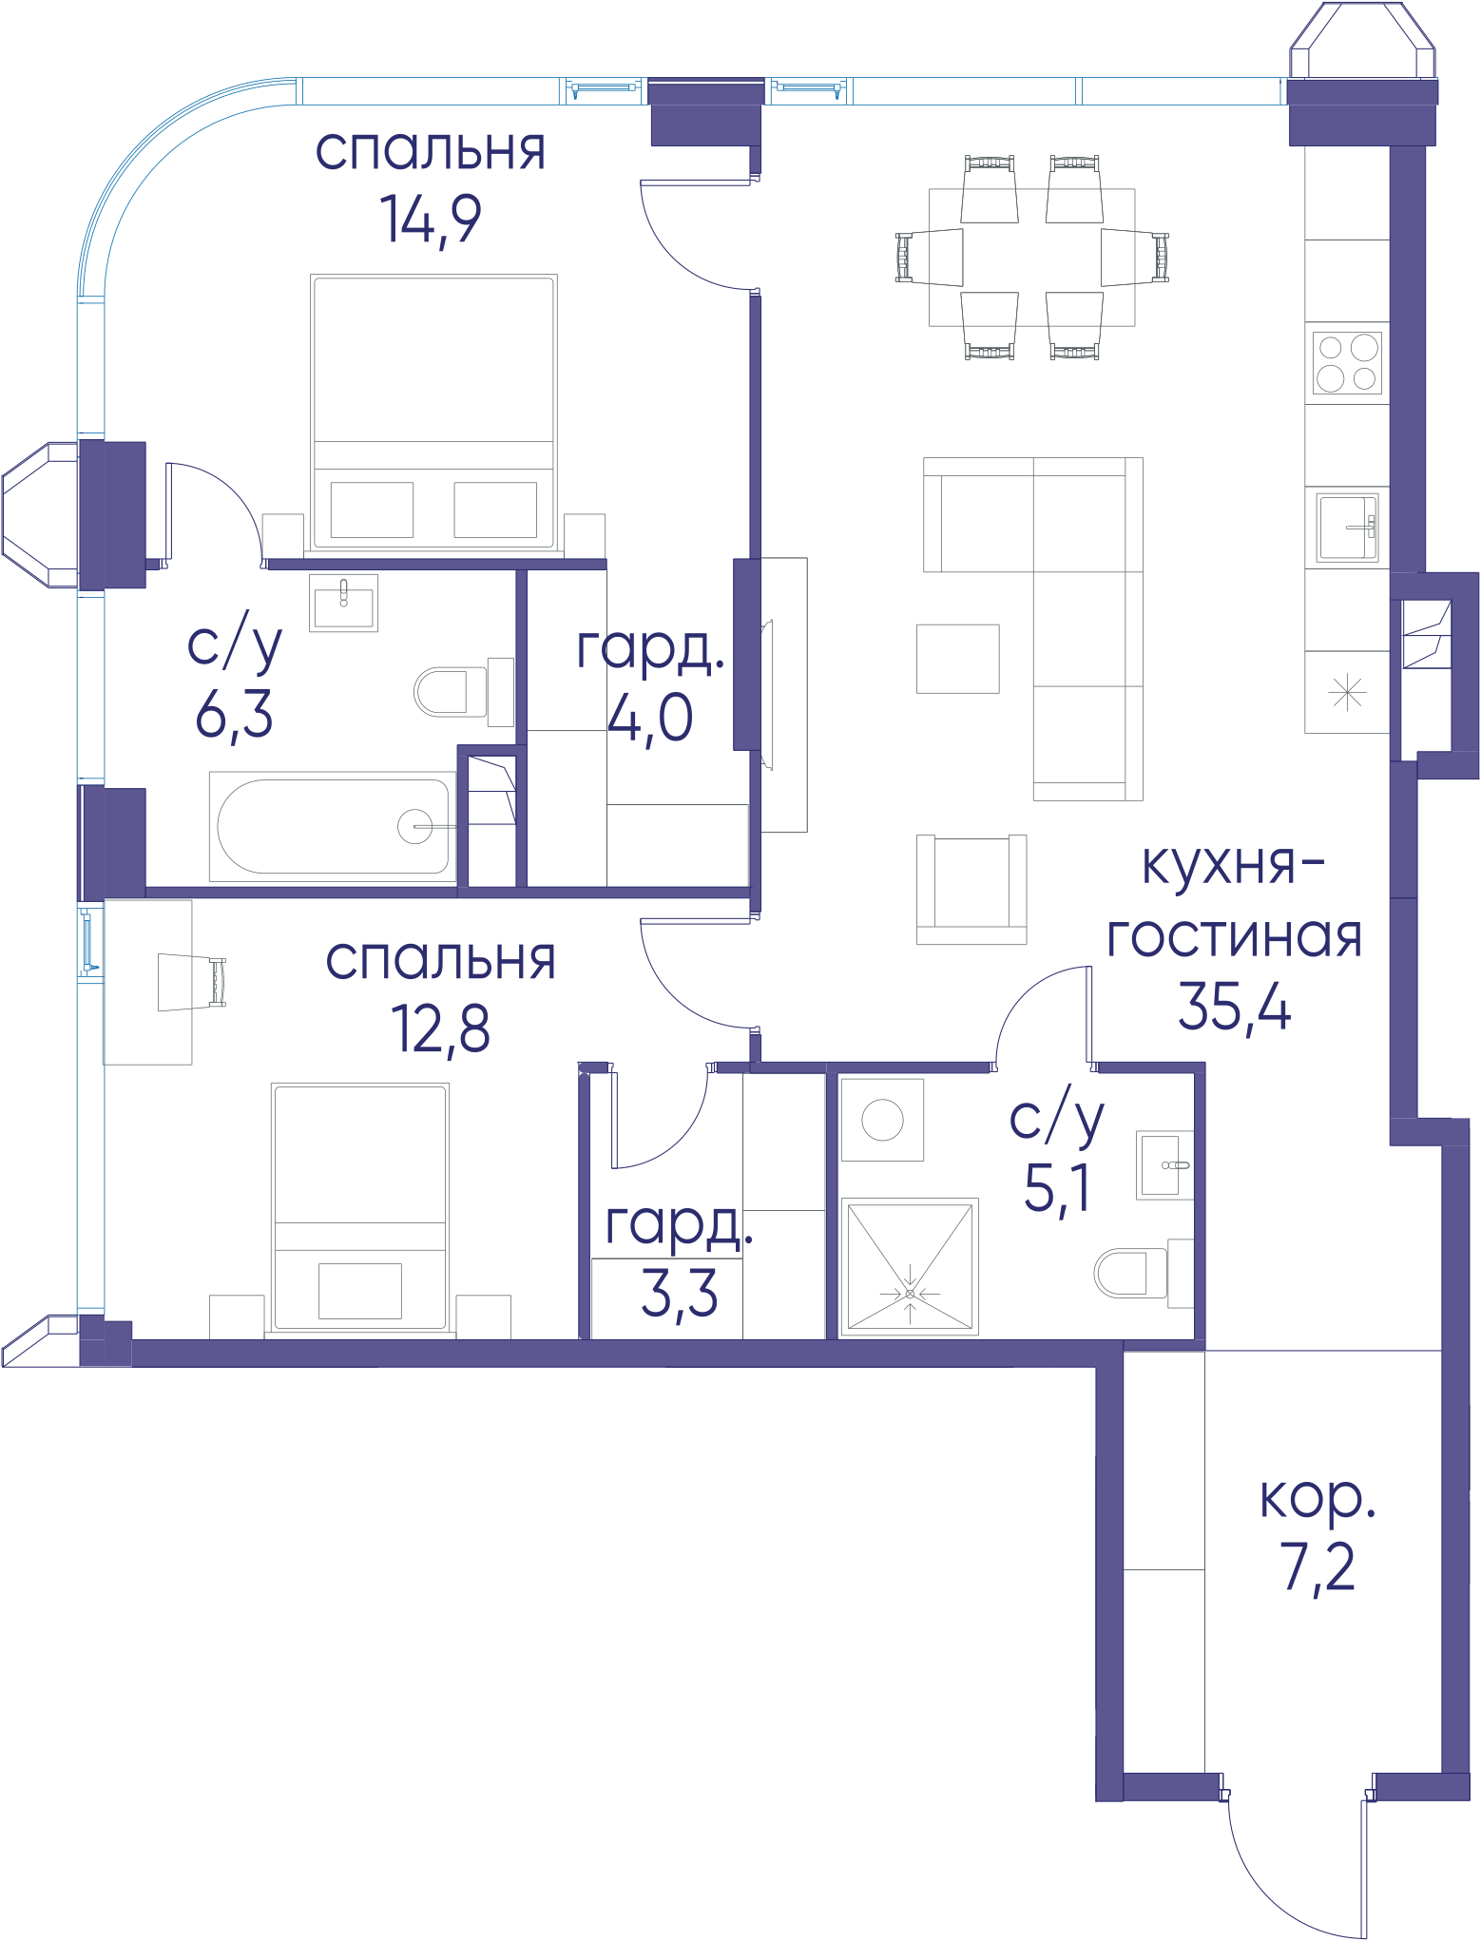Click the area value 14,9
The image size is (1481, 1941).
click(431, 220)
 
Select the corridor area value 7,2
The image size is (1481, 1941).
click(1318, 1567)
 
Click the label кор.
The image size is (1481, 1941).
click(1318, 1500)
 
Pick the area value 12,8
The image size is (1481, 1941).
click(440, 1028)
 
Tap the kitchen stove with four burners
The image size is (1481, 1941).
click(1347, 363)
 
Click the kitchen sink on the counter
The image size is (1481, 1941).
click(1347, 528)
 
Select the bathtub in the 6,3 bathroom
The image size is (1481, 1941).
click(333, 826)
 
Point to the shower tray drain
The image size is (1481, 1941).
click(910, 1294)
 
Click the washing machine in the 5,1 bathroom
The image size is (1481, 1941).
click(882, 1120)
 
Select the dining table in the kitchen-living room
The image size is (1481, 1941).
click(1031, 258)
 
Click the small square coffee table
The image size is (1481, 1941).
click(957, 659)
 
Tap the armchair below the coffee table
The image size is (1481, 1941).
click(971, 890)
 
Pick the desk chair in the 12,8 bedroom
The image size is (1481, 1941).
click(191, 982)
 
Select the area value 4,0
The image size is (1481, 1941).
click(650, 718)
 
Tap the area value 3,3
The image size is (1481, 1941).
click(679, 1294)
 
